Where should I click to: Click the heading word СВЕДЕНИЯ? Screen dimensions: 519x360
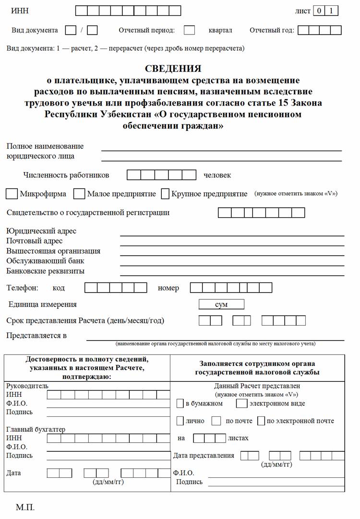click(x=173, y=69)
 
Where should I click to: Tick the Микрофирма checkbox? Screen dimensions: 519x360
click(x=12, y=194)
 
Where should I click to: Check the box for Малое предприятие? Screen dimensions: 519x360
click(x=79, y=194)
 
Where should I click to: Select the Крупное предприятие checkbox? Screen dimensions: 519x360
click(x=165, y=194)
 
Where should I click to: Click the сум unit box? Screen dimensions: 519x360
click(x=221, y=305)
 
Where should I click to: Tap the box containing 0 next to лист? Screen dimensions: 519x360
click(x=319, y=11)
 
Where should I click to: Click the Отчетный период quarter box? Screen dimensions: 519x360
click(x=190, y=30)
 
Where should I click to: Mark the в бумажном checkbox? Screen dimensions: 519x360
click(x=180, y=403)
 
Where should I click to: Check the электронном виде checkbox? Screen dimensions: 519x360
click(x=242, y=403)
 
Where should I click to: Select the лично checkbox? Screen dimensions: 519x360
click(x=180, y=421)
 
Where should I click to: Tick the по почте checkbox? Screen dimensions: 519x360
click(x=216, y=421)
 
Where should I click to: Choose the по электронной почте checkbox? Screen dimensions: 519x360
click(x=261, y=421)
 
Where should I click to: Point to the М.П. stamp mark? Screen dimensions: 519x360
click(x=25, y=507)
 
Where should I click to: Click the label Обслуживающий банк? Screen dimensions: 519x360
click(x=45, y=261)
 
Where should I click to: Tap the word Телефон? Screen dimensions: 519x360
click(x=22, y=288)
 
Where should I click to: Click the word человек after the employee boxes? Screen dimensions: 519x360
click(x=217, y=175)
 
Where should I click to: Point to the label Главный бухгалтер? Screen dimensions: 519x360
click(x=36, y=429)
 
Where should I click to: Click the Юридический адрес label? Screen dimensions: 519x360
click(x=41, y=231)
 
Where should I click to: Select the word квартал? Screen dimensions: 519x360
click(x=220, y=30)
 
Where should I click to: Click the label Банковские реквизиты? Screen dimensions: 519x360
click(x=46, y=271)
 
